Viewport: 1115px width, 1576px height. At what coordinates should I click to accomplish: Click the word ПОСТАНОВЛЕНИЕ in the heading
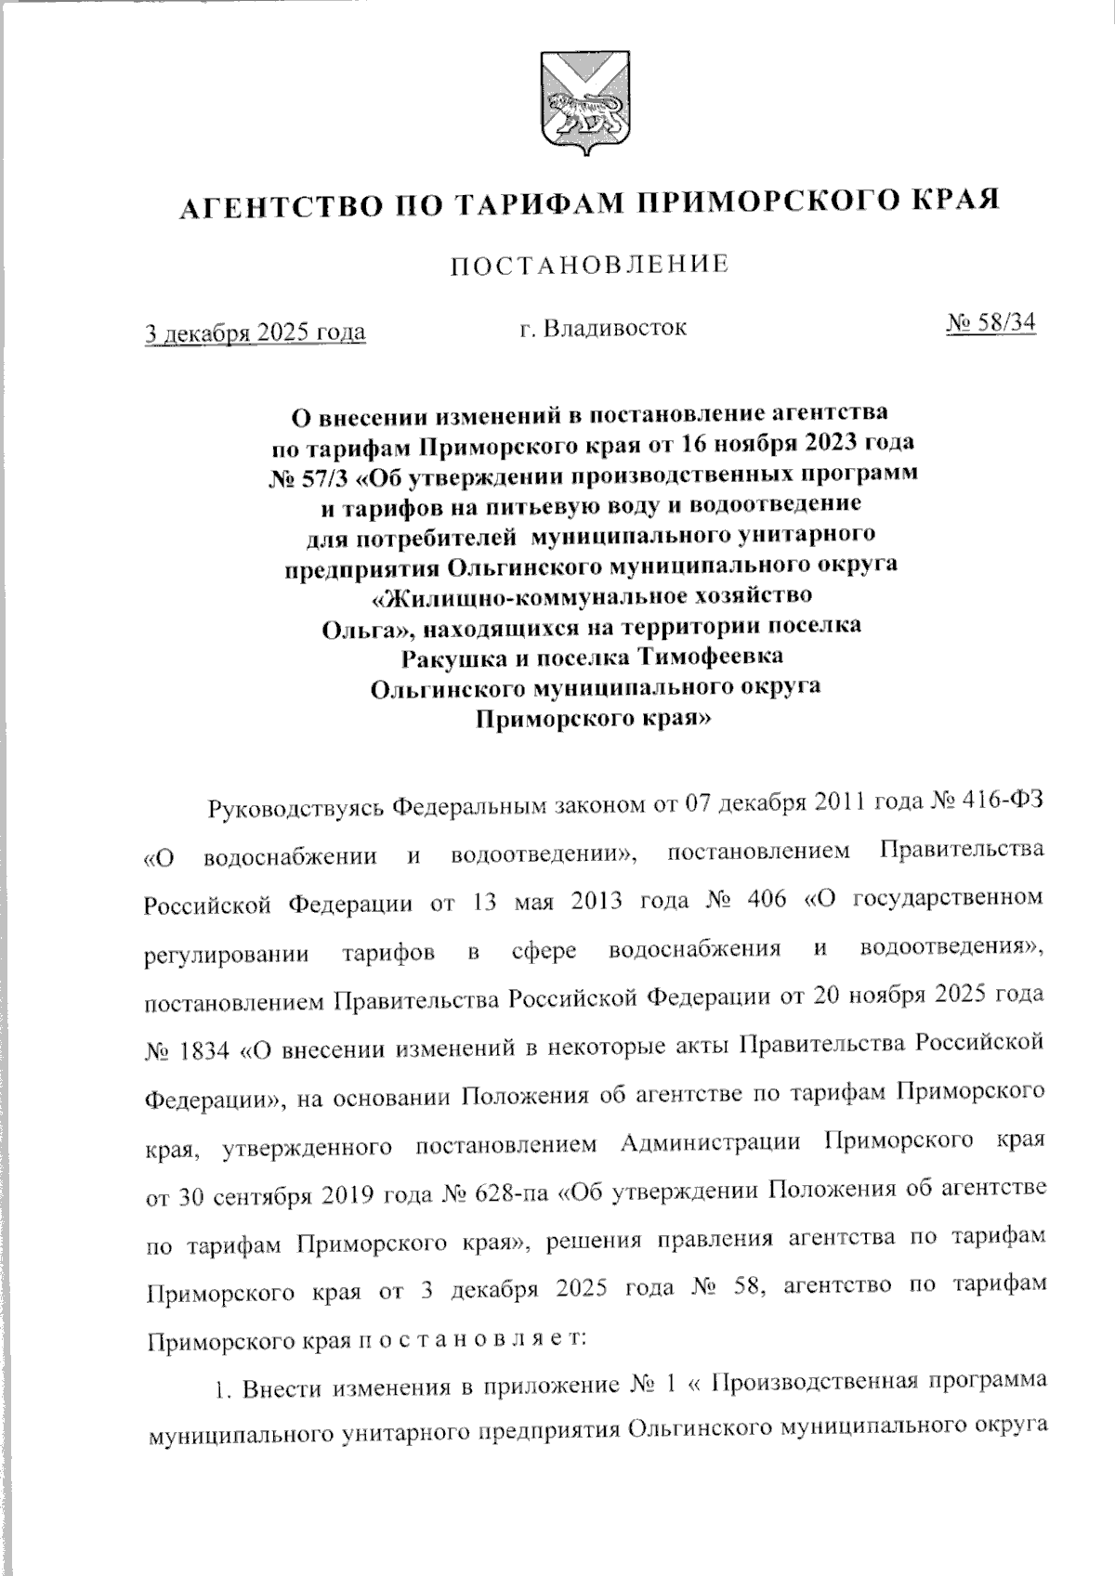coord(589,266)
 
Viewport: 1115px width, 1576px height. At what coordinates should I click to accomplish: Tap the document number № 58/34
coord(990,323)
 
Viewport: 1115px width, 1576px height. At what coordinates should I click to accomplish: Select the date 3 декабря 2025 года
coord(254,332)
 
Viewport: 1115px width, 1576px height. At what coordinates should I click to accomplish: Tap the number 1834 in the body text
coord(203,1053)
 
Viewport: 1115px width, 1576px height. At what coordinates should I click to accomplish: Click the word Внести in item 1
coord(273,1388)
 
